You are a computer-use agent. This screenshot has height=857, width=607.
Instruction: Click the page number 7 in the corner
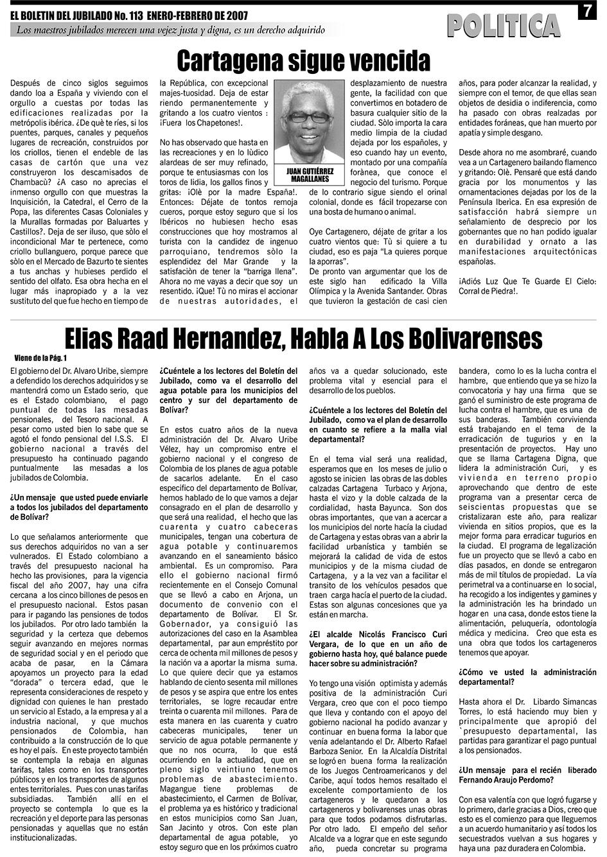588,12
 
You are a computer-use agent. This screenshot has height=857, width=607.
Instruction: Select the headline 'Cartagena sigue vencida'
303,61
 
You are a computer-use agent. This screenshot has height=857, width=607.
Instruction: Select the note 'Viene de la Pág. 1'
40,358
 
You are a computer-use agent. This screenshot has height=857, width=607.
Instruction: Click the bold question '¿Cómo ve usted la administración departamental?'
527,676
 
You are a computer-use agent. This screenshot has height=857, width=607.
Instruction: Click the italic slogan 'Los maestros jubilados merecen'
170,30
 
